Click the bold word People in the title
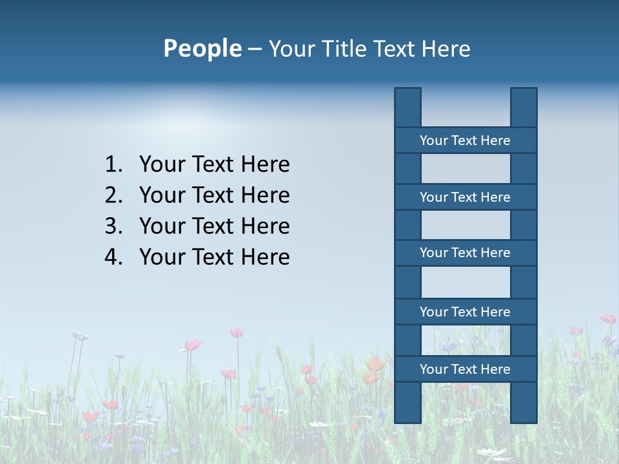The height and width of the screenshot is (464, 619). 202,48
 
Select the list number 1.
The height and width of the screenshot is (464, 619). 113,165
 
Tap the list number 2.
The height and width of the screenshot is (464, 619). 113,195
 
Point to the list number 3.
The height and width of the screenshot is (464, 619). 113,226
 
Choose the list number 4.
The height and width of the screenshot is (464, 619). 113,257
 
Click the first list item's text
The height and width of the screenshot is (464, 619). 214,165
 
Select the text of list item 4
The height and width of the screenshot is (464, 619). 214,257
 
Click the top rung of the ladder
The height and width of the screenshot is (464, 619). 465,140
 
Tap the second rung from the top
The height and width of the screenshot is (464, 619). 465,197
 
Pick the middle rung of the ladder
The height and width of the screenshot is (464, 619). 465,253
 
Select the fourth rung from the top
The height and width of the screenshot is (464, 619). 465,312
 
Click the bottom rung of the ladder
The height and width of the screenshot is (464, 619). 465,369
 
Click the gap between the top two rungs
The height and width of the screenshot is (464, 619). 466,169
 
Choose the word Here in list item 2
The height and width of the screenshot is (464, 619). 265,195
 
